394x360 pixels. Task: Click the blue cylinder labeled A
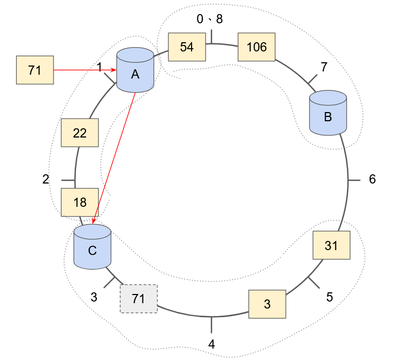135,70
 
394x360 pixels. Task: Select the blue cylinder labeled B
328,113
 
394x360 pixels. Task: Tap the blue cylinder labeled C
92,247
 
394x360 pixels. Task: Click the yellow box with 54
187,47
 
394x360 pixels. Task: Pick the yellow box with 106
257,47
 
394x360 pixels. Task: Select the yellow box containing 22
80,133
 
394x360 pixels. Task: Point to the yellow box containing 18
80,202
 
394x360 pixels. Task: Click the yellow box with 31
331,246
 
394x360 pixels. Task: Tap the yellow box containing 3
267,304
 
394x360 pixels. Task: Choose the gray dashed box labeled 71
138,299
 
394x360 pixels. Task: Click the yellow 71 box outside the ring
35,70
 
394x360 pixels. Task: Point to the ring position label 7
324,67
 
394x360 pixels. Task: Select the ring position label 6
372,180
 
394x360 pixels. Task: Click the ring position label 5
330,297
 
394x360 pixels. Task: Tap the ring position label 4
212,344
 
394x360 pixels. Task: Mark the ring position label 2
46,179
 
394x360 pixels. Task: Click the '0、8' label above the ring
209,19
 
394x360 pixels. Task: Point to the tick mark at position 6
354,180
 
